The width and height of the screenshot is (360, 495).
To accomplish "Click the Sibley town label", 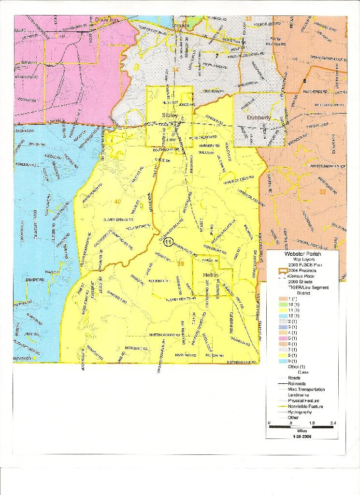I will tap(170, 116).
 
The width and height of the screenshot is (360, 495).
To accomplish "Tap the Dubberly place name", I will tap(260, 117).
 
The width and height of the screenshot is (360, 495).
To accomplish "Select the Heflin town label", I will tap(212, 275).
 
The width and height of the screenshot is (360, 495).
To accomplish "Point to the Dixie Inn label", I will tap(107, 19).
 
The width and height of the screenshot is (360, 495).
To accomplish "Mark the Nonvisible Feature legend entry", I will tap(305, 407).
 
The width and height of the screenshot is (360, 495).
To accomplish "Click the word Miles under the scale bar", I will tap(302, 430).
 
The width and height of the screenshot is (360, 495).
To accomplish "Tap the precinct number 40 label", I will tap(117, 201).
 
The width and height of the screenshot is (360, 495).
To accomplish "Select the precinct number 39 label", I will tap(181, 263).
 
